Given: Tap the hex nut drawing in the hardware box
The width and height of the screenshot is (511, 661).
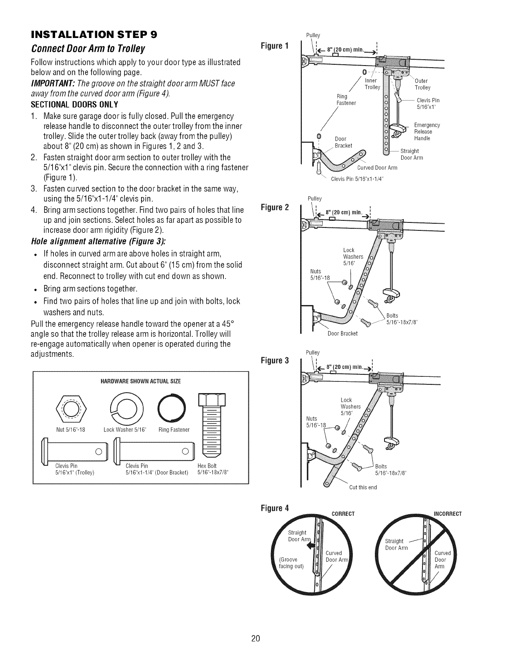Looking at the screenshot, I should (70, 408).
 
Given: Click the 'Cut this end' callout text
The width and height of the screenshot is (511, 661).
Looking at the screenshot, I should (363, 487).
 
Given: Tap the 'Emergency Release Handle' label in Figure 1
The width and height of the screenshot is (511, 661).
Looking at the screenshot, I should (426, 131).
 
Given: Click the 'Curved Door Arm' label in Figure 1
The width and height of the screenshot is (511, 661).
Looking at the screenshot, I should (377, 168).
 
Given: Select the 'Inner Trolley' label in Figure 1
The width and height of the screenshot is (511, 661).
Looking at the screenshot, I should (372, 84).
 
